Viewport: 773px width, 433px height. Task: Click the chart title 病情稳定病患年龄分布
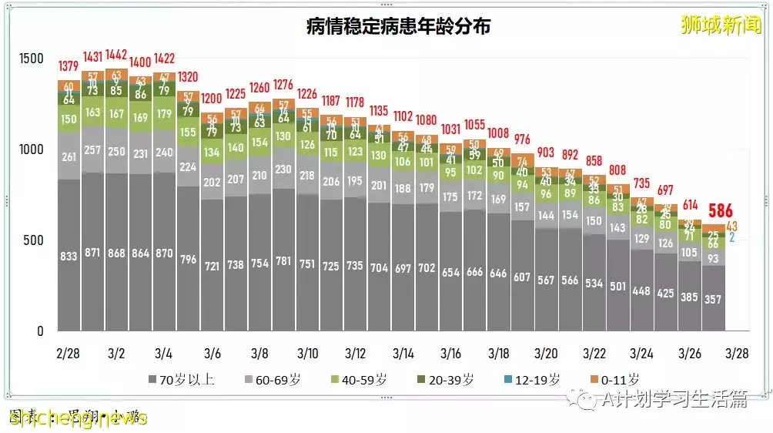[398, 27]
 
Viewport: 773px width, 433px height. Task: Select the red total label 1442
[116, 55]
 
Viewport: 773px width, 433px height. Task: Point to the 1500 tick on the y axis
[32, 59]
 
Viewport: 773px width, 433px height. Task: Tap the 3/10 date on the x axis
[307, 354]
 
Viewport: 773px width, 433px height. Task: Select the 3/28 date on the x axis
[737, 354]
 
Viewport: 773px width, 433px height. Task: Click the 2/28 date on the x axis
[69, 354]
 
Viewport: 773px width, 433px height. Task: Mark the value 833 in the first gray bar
[69, 256]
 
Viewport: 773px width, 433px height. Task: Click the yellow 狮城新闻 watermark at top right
[721, 25]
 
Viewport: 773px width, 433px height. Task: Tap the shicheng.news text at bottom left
[77, 418]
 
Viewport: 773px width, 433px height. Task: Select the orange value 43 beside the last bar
[731, 227]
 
